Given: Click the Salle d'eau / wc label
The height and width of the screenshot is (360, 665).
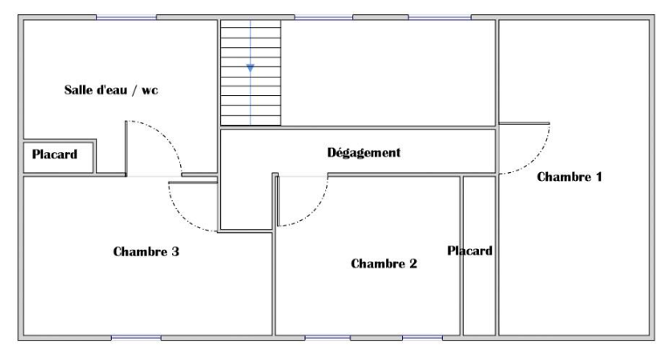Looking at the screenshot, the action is pyautogui.click(x=111, y=90).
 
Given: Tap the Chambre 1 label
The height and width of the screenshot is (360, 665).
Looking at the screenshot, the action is pyautogui.click(x=569, y=177).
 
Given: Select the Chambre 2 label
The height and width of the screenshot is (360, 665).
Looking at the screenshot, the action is pyautogui.click(x=384, y=264).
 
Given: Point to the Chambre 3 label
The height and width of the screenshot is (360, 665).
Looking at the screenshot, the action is pyautogui.click(x=146, y=252).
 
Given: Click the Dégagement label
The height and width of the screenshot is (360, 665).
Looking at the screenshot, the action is pyautogui.click(x=364, y=153).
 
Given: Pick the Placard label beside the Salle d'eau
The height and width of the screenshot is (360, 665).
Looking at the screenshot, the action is pyautogui.click(x=55, y=155).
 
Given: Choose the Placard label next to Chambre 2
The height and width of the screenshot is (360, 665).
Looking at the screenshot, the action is pyautogui.click(x=470, y=251).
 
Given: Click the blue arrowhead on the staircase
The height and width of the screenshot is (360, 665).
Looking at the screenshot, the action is pyautogui.click(x=250, y=68).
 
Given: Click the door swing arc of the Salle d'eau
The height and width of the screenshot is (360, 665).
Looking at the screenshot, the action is pyautogui.click(x=168, y=135).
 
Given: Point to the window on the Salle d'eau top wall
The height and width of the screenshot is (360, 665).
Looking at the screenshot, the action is pyautogui.click(x=127, y=17).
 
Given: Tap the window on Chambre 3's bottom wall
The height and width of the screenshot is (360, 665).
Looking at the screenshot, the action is pyautogui.click(x=136, y=338).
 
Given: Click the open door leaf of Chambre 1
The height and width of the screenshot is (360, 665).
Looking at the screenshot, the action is pyautogui.click(x=524, y=123).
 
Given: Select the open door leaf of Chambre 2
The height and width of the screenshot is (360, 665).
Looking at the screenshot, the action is pyautogui.click(x=278, y=201).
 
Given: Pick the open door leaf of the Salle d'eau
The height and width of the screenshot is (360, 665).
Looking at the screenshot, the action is pyautogui.click(x=127, y=148).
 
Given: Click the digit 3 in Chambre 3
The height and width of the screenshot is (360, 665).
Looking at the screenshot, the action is pyautogui.click(x=175, y=252).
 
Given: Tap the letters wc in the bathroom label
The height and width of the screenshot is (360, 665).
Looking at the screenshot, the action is pyautogui.click(x=149, y=91).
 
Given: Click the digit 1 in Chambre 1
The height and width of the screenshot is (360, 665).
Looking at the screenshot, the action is pyautogui.click(x=599, y=177).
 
